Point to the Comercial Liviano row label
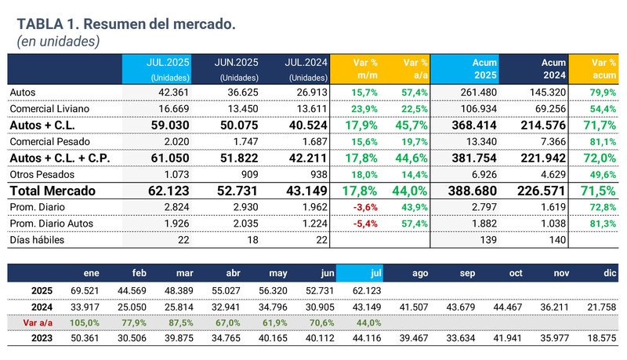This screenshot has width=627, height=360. (49, 108)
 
